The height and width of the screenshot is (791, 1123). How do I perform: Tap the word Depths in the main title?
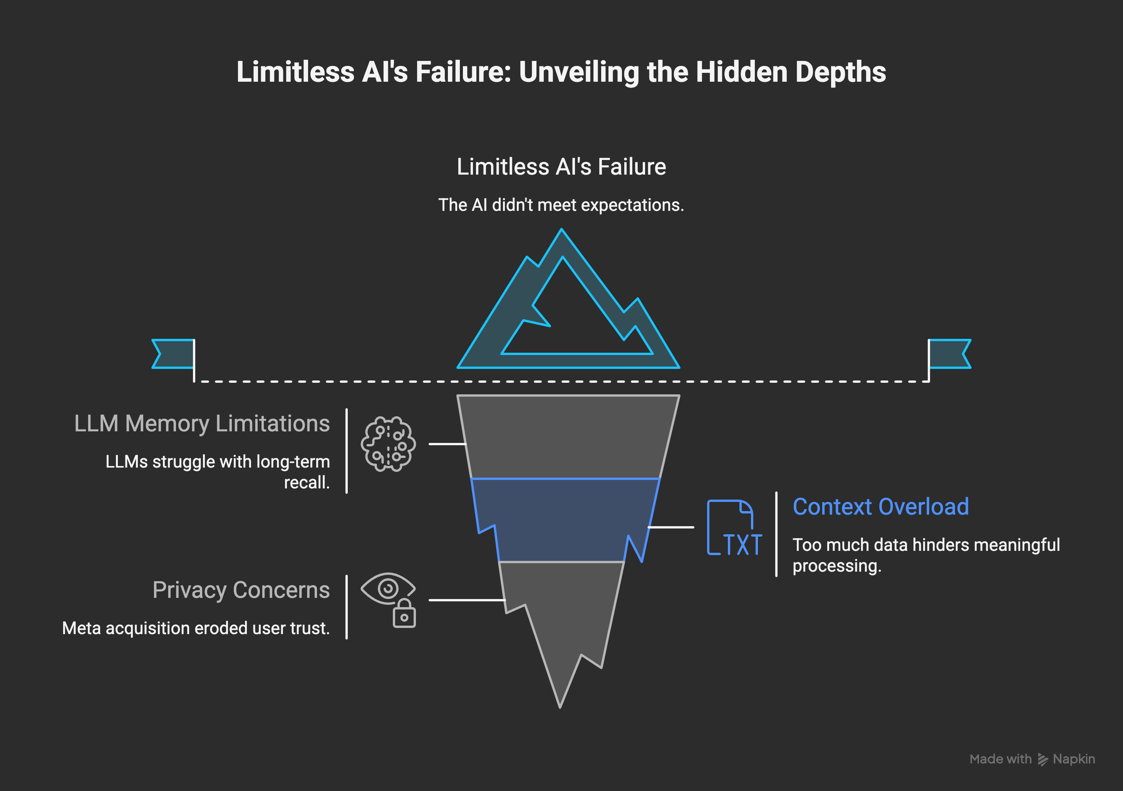(840, 72)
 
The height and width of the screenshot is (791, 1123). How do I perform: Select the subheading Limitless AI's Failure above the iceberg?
(561, 167)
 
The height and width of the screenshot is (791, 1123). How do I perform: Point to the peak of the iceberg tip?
(561, 232)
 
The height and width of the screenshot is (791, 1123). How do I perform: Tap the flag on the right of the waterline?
(949, 353)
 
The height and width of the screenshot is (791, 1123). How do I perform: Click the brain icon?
(388, 444)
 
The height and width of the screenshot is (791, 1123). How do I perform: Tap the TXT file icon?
(734, 528)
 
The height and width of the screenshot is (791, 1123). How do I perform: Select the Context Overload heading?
(880, 507)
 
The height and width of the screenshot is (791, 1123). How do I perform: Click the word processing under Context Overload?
(836, 566)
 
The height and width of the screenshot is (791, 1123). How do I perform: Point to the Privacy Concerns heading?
(241, 590)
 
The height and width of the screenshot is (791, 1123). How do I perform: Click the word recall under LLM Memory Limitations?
(307, 483)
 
